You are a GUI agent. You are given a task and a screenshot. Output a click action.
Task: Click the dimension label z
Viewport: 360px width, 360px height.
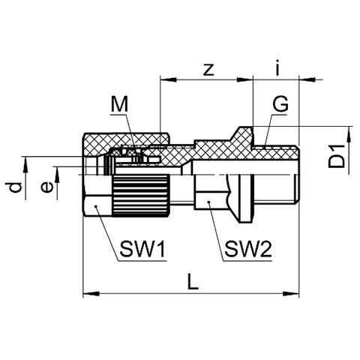point(208,70)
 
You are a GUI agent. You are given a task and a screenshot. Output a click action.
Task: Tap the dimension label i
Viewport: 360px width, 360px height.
point(277,68)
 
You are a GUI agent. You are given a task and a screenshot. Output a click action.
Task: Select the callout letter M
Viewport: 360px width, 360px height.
point(119,105)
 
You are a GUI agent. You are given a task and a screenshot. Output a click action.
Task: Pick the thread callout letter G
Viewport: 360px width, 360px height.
point(280,104)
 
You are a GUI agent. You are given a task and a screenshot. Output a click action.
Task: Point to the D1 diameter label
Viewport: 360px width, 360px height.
point(337,157)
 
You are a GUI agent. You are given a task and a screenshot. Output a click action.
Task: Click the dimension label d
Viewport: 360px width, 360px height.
point(15,187)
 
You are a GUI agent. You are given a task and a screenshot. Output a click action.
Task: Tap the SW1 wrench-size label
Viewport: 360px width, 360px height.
point(142,249)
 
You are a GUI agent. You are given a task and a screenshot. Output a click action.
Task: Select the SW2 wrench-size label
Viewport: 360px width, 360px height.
point(247,249)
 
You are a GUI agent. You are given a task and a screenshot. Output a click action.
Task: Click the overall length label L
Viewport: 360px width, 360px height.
point(193,282)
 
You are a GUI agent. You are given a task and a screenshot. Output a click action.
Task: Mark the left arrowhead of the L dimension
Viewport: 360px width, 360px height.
point(91,293)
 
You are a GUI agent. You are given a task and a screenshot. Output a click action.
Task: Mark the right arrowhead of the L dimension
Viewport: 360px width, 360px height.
point(291,293)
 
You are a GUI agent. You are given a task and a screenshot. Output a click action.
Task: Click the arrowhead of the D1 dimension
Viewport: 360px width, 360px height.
point(349,135)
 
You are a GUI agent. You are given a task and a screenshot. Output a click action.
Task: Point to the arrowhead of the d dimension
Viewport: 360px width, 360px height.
point(25,165)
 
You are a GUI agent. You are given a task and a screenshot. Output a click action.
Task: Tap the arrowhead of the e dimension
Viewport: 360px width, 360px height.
point(57,175)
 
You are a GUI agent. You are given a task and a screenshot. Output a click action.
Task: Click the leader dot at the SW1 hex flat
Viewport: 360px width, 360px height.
point(95,206)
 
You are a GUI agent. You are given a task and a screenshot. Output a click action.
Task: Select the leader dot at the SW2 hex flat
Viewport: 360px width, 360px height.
point(208,202)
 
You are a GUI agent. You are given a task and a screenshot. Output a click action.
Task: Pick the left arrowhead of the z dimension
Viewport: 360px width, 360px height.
point(169,79)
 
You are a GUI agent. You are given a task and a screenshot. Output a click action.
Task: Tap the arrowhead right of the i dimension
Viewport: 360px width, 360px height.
point(307,79)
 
